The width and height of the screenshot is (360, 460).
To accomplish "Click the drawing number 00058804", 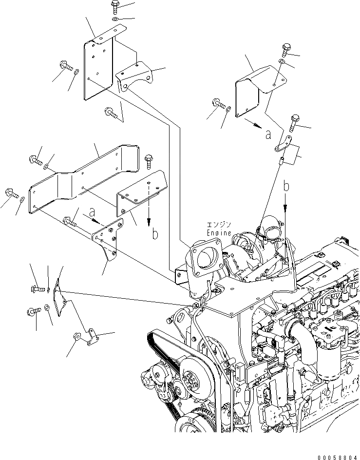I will click(x=333, y=455).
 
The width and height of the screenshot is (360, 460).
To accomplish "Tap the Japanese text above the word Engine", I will click(x=219, y=225).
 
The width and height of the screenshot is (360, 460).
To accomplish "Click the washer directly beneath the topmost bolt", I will click(x=114, y=19).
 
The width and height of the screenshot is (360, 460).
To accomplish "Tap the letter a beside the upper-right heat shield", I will click(x=268, y=135).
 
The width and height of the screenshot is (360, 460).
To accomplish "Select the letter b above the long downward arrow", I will click(x=286, y=187).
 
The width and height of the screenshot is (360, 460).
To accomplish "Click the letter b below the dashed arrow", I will click(x=155, y=234).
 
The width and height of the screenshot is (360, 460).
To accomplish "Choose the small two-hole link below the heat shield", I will click(x=282, y=145).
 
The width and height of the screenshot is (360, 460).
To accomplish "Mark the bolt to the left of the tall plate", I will click(x=65, y=65).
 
